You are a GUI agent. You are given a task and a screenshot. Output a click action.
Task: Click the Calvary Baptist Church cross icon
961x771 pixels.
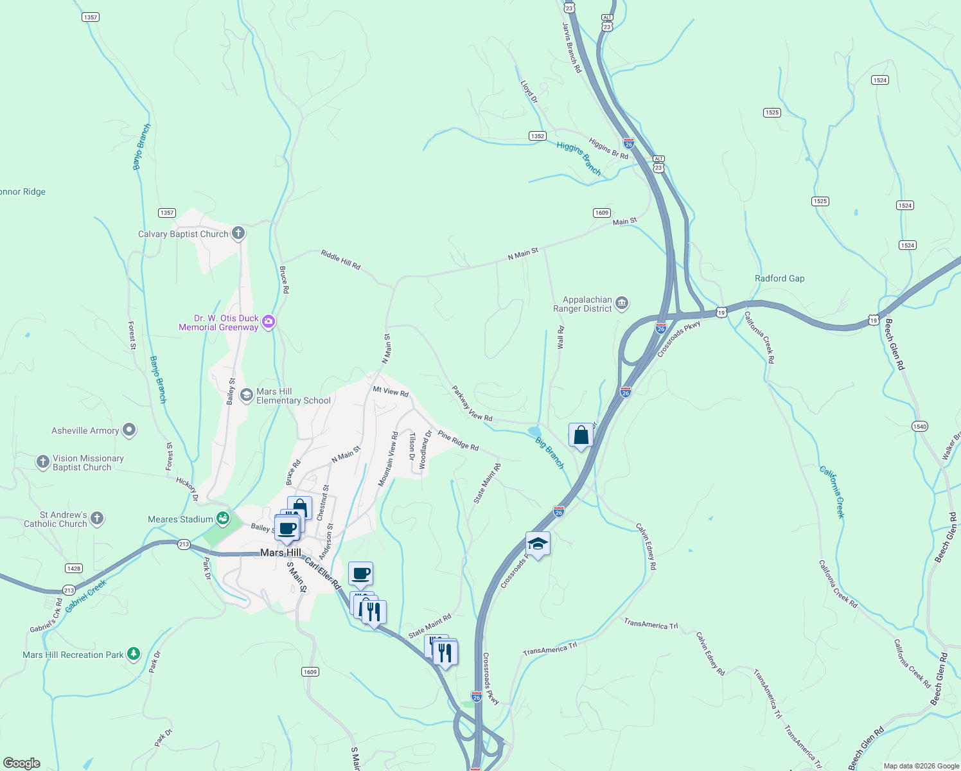[238, 233]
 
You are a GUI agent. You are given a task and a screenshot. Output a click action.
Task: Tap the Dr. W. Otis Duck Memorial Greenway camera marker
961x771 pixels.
[269, 322]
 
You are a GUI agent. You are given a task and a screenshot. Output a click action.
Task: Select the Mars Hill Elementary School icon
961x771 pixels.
[246, 395]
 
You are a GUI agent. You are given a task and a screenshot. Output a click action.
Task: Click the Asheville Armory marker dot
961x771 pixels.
[129, 430]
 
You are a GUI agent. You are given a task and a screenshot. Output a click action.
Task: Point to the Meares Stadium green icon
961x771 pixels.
[222, 518]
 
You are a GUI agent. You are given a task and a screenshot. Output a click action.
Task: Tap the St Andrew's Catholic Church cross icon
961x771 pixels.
[97, 518]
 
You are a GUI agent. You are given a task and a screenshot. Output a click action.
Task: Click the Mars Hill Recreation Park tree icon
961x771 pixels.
[134, 654]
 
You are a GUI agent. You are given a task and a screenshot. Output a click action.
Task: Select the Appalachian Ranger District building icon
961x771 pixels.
[621, 303]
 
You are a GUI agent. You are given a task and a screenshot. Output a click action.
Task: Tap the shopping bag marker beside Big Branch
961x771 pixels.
[581, 436]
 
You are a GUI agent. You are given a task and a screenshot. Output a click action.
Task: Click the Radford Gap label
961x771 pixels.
[779, 278]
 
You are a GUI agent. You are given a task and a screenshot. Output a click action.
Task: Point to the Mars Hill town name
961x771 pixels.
[281, 553]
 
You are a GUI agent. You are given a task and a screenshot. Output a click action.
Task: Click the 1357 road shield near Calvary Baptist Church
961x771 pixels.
[167, 213]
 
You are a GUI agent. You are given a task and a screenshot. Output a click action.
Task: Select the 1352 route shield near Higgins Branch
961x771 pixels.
[538, 136]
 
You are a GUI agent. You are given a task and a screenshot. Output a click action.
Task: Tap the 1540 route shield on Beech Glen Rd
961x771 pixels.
[920, 426]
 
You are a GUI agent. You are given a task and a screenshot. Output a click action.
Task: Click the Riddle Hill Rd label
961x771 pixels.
[340, 260]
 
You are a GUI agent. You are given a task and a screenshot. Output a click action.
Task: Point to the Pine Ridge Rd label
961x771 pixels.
[458, 441]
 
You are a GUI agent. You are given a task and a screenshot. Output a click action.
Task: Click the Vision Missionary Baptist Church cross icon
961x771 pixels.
[43, 462]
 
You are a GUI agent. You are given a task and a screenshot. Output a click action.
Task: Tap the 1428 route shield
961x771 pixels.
[74, 568]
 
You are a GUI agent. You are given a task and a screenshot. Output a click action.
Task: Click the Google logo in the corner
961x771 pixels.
[22, 763]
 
